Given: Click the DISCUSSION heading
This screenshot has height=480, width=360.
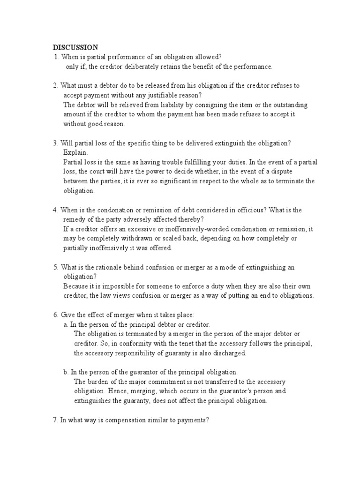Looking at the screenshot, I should click(x=75, y=47).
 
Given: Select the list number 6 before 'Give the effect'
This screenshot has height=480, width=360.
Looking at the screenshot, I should click(x=55, y=315).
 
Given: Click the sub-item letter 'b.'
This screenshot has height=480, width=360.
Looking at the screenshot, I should click(x=66, y=372).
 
